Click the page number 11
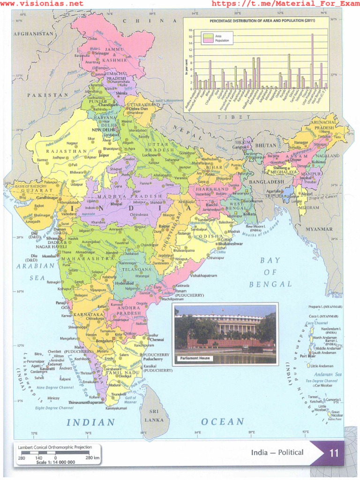334,453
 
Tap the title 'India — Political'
277,452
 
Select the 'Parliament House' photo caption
194,359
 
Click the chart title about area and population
255,22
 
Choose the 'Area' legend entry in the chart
218,36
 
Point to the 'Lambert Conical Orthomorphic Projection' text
55,447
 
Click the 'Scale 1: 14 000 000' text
55,462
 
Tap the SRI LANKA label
154,415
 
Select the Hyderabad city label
124,283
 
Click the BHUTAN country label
265,145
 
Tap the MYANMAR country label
319,229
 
